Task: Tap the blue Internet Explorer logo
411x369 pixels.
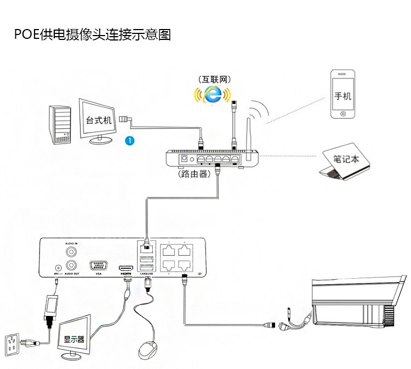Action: tap(211, 94)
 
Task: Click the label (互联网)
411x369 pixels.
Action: tap(212, 78)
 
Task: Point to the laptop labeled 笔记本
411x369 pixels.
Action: tap(345, 162)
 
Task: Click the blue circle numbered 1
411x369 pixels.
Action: tap(129, 140)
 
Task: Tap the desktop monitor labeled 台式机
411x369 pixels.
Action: tap(99, 121)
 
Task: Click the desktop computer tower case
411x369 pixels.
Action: tap(60, 124)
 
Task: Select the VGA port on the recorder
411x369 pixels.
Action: tap(99, 264)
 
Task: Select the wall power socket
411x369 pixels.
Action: tap(14, 343)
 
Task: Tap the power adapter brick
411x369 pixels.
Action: tap(54, 308)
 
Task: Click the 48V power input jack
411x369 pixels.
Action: tap(57, 267)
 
